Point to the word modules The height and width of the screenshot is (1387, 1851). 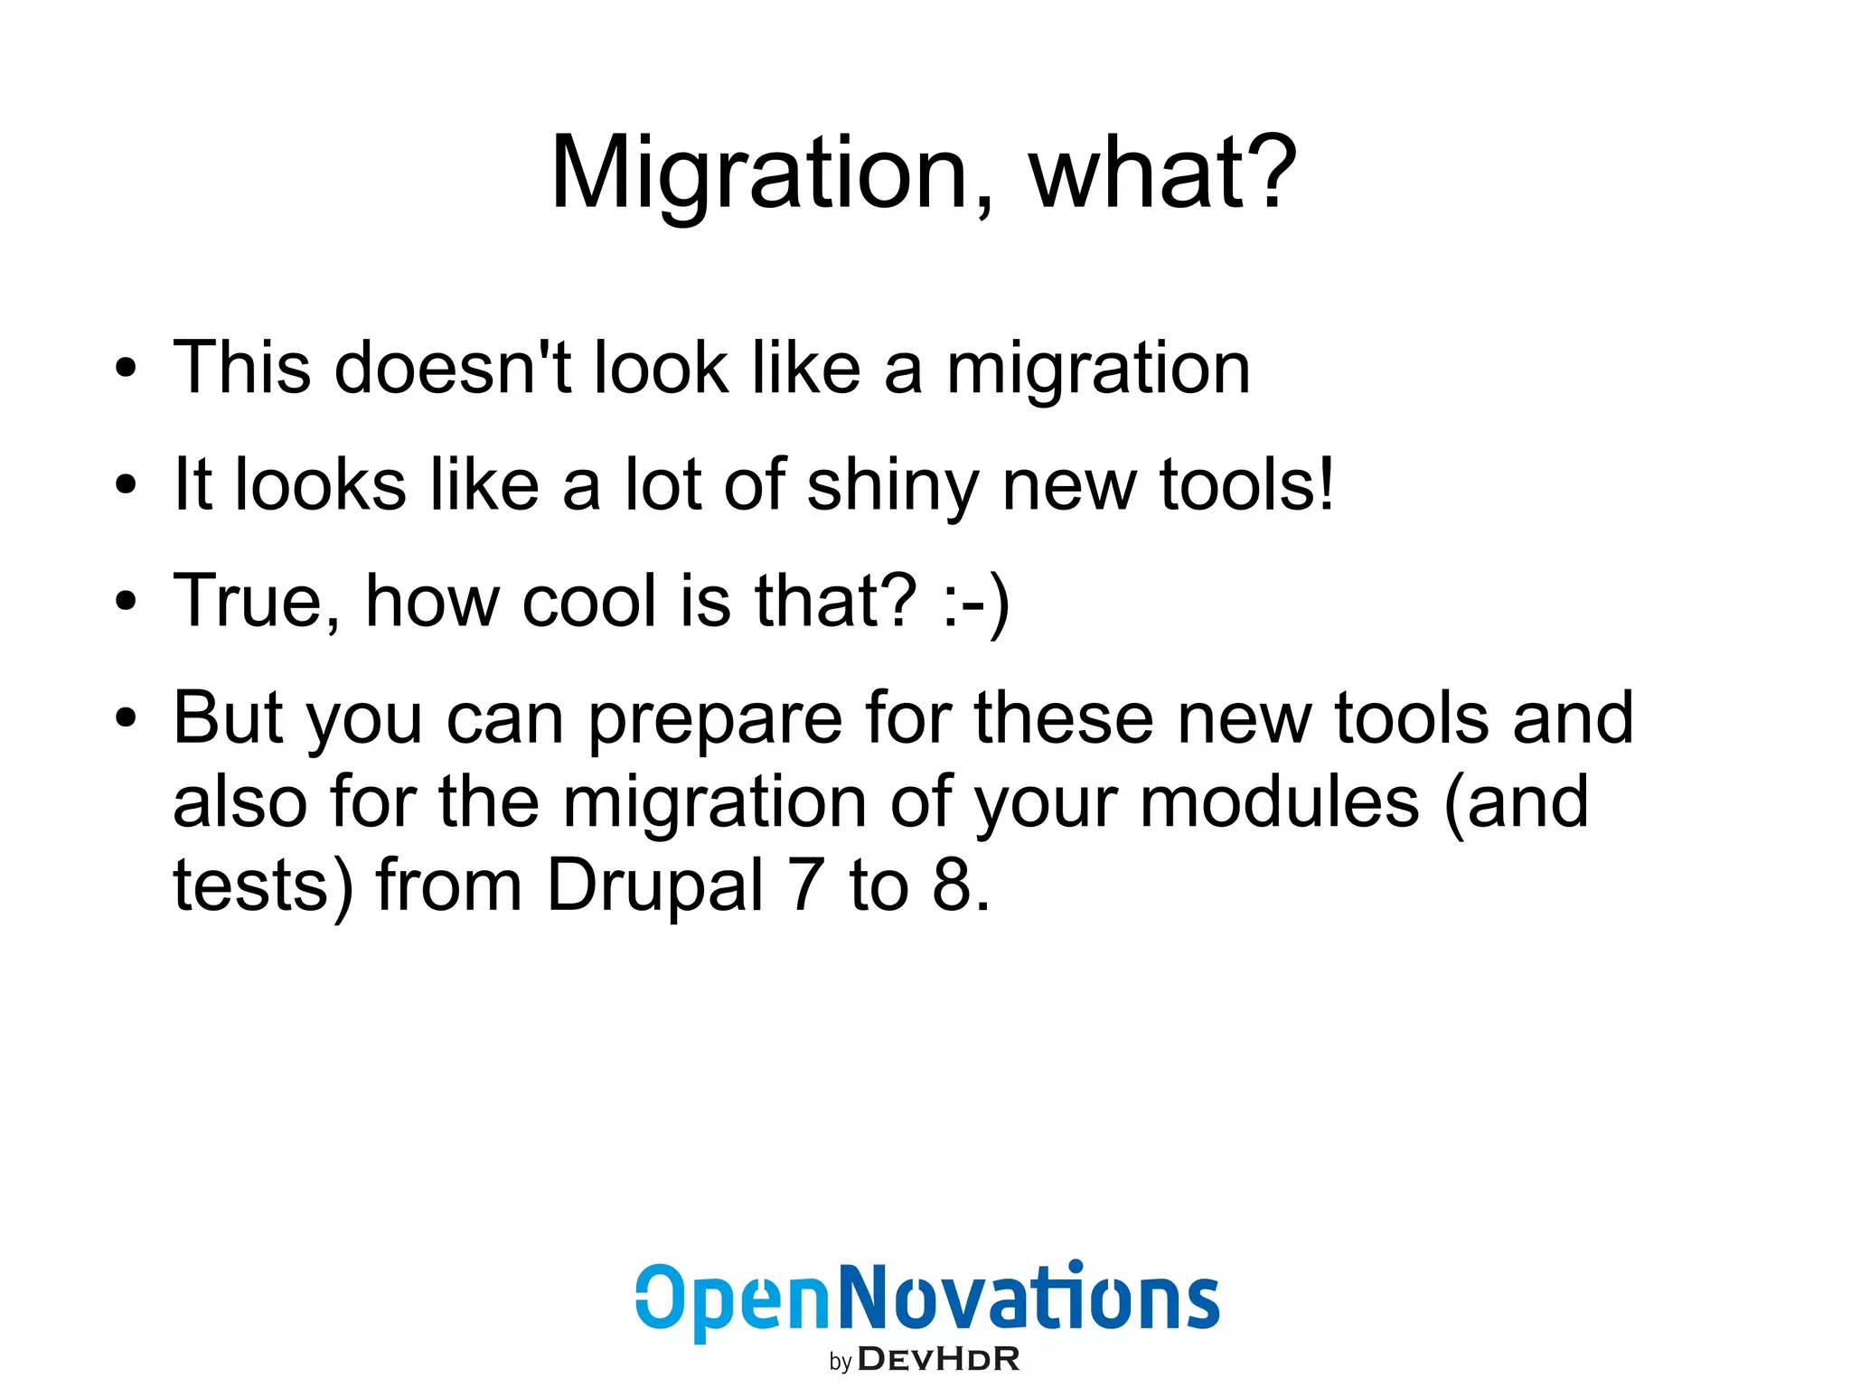(x=1279, y=801)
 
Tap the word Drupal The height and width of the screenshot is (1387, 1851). (x=656, y=886)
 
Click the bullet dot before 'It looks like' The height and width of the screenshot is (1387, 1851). (x=126, y=485)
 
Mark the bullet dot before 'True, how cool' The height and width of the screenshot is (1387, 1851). (x=126, y=601)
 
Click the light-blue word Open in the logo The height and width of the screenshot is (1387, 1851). (x=732, y=1298)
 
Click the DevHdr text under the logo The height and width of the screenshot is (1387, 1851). (x=938, y=1359)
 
